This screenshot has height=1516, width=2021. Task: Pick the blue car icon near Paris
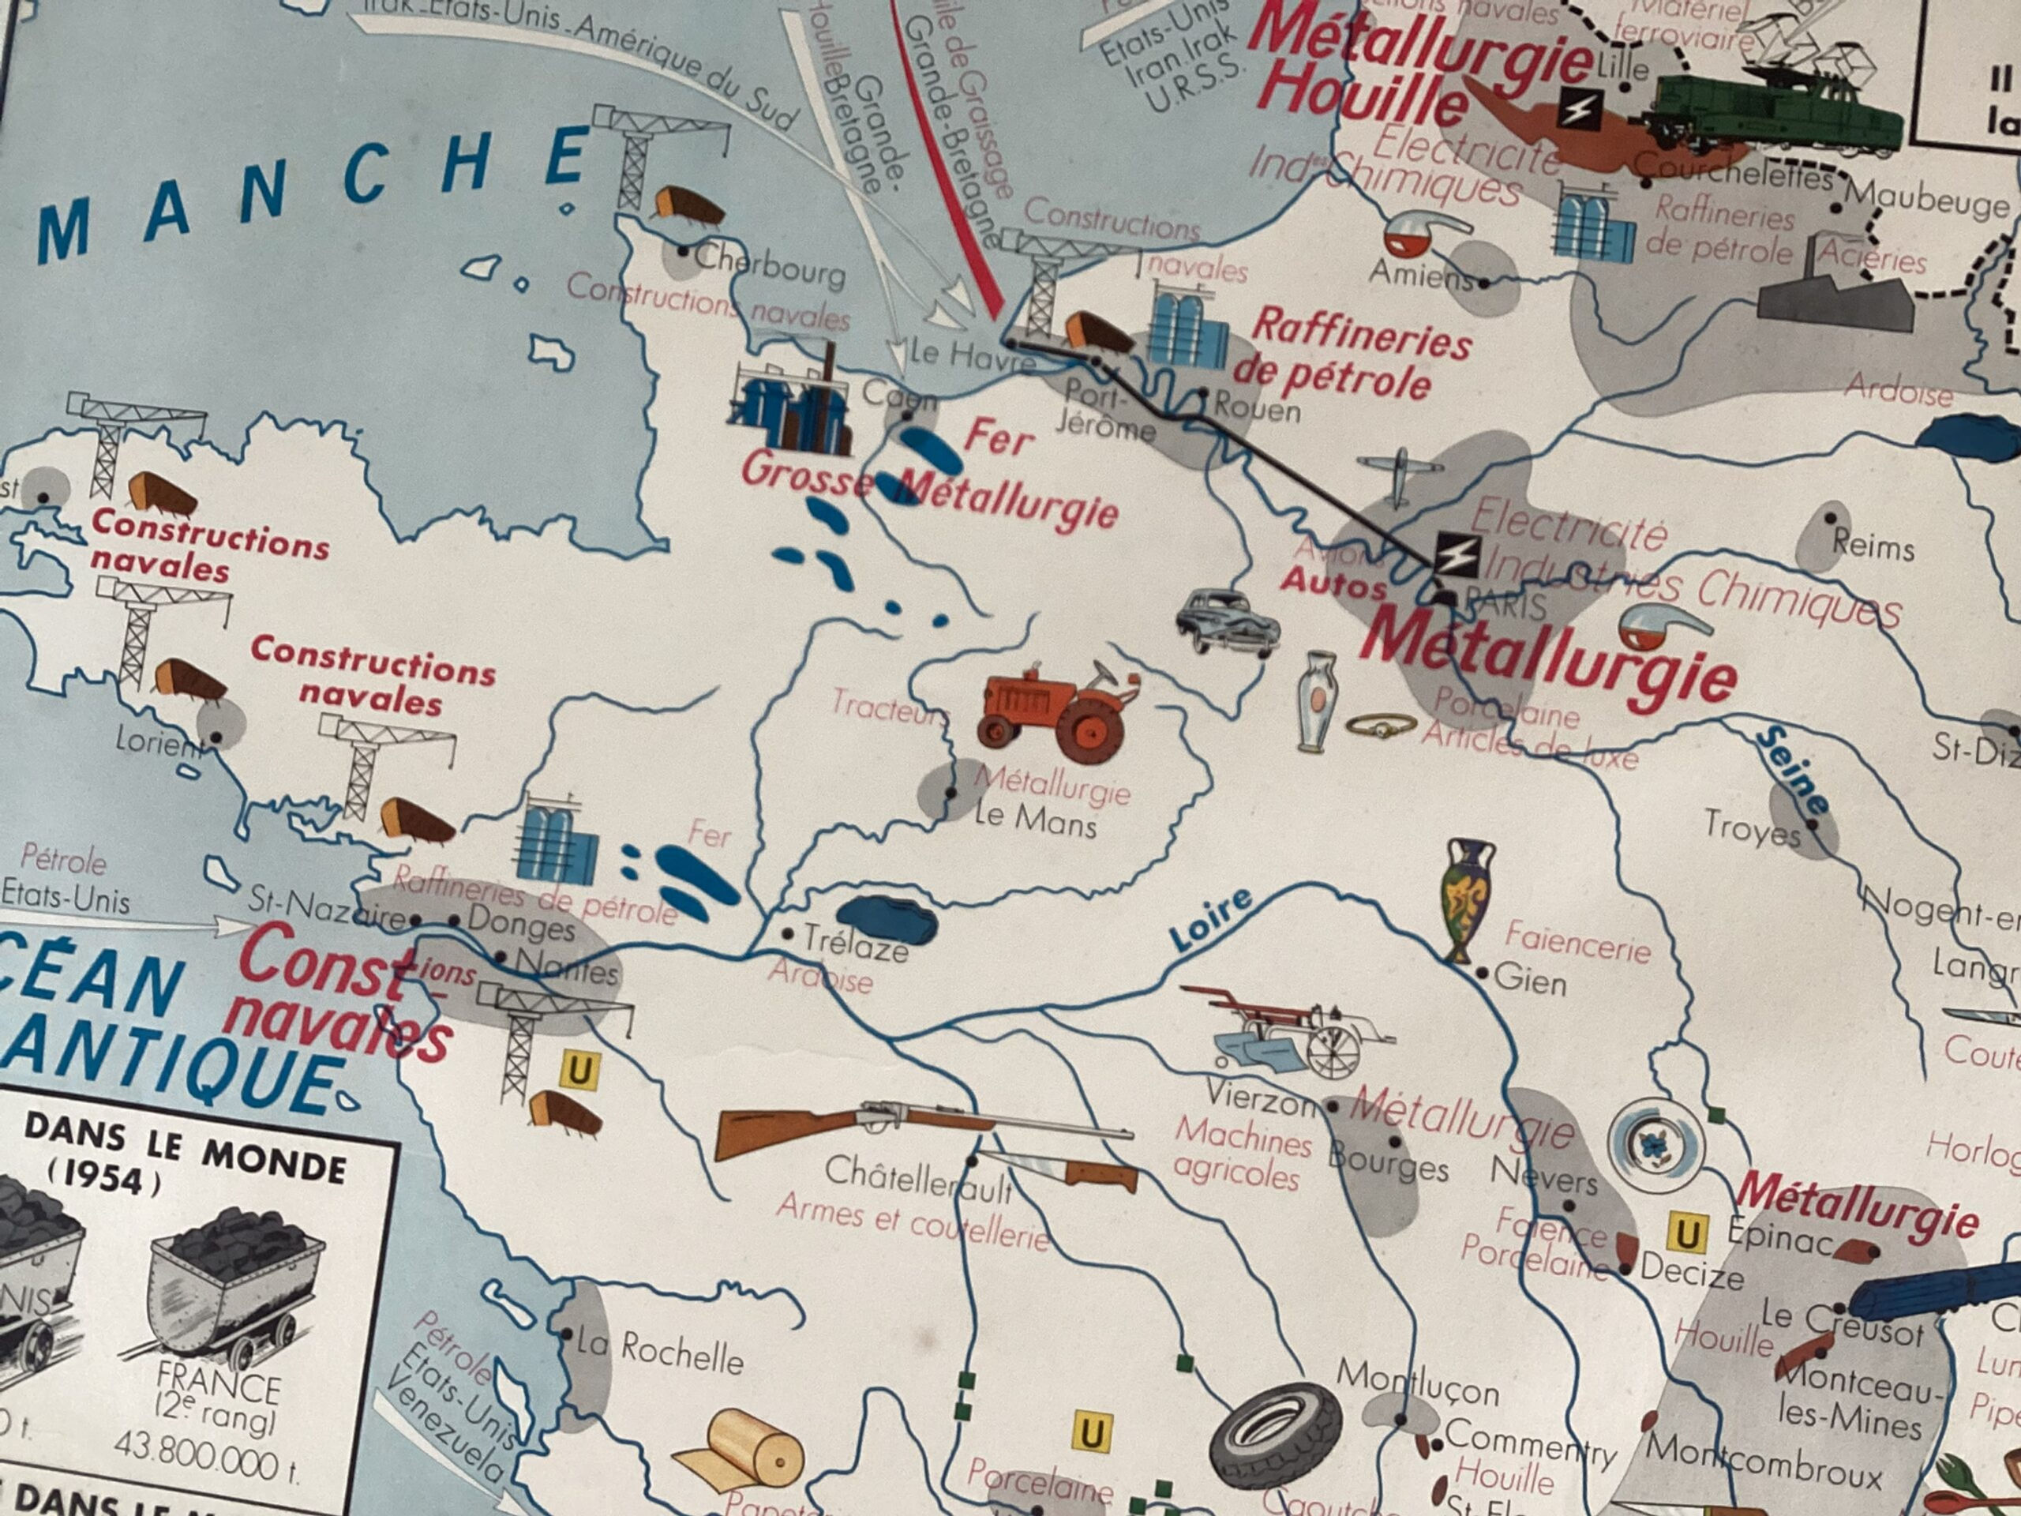point(1226,621)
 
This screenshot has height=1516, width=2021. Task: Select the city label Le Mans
point(1034,820)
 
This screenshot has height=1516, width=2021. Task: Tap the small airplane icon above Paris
point(1399,475)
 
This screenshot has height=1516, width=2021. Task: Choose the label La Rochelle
point(658,1353)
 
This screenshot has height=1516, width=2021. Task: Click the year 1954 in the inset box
point(111,1180)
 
